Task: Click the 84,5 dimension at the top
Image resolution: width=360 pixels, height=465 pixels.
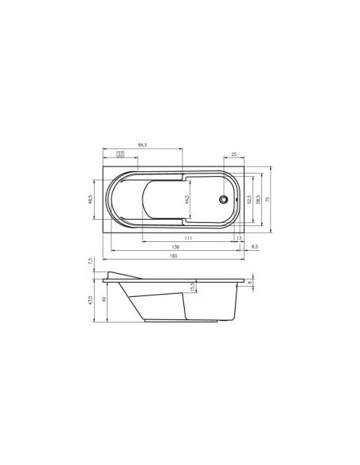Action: pos(144,145)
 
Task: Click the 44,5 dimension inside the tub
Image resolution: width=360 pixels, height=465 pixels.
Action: pos(186,199)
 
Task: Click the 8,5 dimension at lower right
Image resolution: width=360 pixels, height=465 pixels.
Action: pos(254,248)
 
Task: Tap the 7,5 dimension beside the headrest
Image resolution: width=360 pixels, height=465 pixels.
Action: pos(92,261)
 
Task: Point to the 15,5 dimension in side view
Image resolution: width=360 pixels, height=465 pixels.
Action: pos(192,286)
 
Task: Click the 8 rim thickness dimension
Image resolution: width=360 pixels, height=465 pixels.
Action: pos(249,282)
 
